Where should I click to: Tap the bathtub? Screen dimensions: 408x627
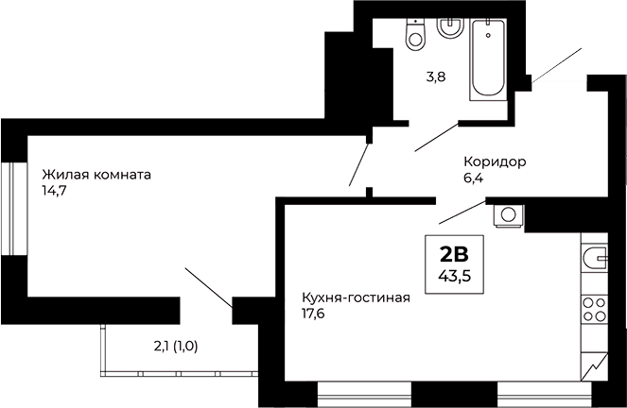click(489, 57)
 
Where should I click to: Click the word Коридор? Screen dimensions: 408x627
click(495, 161)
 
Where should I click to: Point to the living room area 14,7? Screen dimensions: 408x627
click(54, 190)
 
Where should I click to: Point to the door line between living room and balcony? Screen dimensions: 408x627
click(208, 287)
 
